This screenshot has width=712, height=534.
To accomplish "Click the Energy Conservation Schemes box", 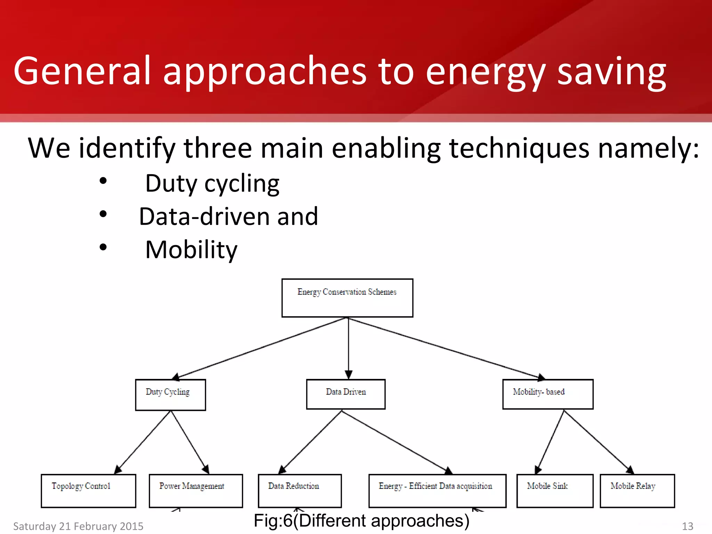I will click(x=347, y=298).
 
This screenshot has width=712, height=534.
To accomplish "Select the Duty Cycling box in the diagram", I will click(x=170, y=395).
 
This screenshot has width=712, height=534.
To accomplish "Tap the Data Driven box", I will click(x=346, y=394).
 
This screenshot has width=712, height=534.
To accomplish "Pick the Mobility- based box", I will click(x=548, y=394).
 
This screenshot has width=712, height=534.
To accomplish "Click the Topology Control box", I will click(x=88, y=491).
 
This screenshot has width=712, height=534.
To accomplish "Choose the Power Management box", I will click(x=196, y=491).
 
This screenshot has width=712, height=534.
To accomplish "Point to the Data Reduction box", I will click(x=300, y=491).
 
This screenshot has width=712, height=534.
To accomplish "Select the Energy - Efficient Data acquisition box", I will click(x=437, y=491).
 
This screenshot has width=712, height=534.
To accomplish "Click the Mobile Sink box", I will click(x=555, y=491).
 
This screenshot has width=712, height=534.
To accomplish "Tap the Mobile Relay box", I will click(x=637, y=491).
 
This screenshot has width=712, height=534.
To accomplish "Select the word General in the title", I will click(x=82, y=71).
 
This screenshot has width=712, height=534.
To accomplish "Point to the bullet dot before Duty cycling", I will click(x=103, y=181).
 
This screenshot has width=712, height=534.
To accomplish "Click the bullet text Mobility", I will click(x=191, y=250).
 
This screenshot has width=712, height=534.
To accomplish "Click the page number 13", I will click(x=687, y=526).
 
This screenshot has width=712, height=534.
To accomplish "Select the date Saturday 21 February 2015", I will click(x=78, y=526).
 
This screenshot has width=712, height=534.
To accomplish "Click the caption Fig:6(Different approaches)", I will click(x=362, y=521).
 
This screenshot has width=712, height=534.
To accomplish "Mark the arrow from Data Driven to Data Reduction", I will click(x=311, y=442).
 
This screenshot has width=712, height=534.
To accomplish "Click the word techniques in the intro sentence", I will click(x=519, y=148).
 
